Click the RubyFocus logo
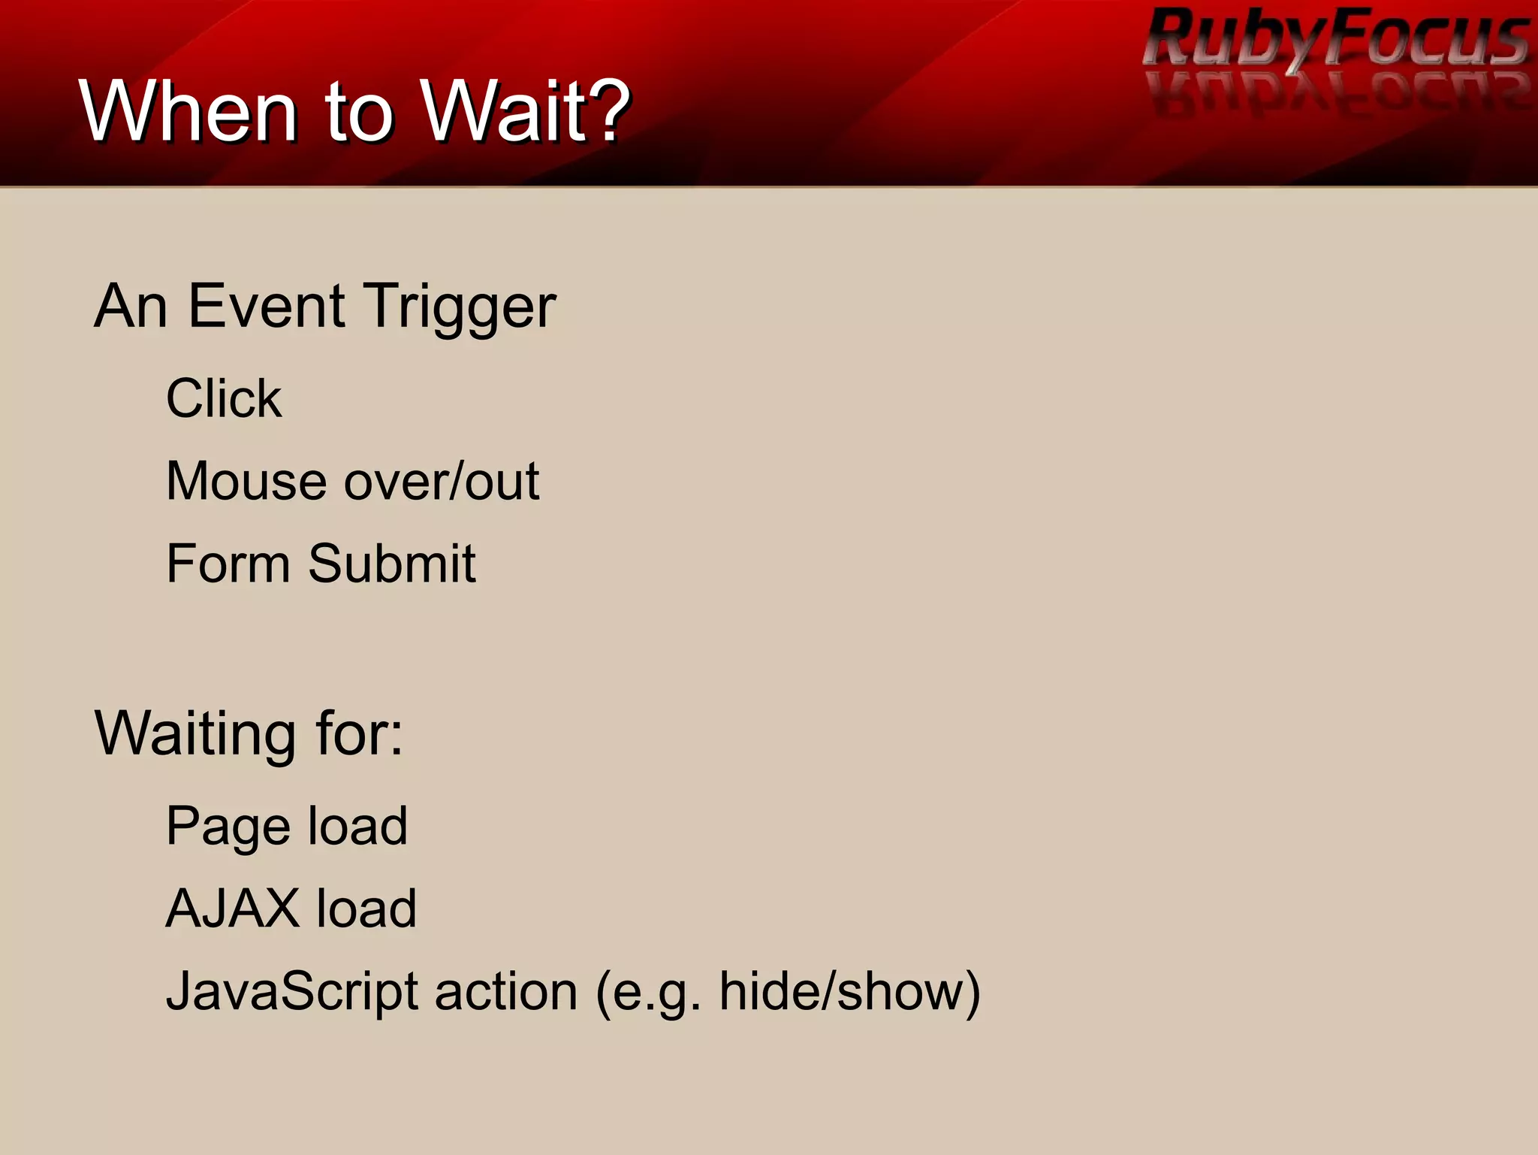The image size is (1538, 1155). coord(1335,39)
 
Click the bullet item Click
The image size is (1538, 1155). coord(224,398)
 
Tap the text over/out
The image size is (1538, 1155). coord(442,481)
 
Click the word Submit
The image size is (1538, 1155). coord(391,564)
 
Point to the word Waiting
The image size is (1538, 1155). coord(195,733)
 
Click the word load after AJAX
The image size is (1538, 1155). coord(366,909)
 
